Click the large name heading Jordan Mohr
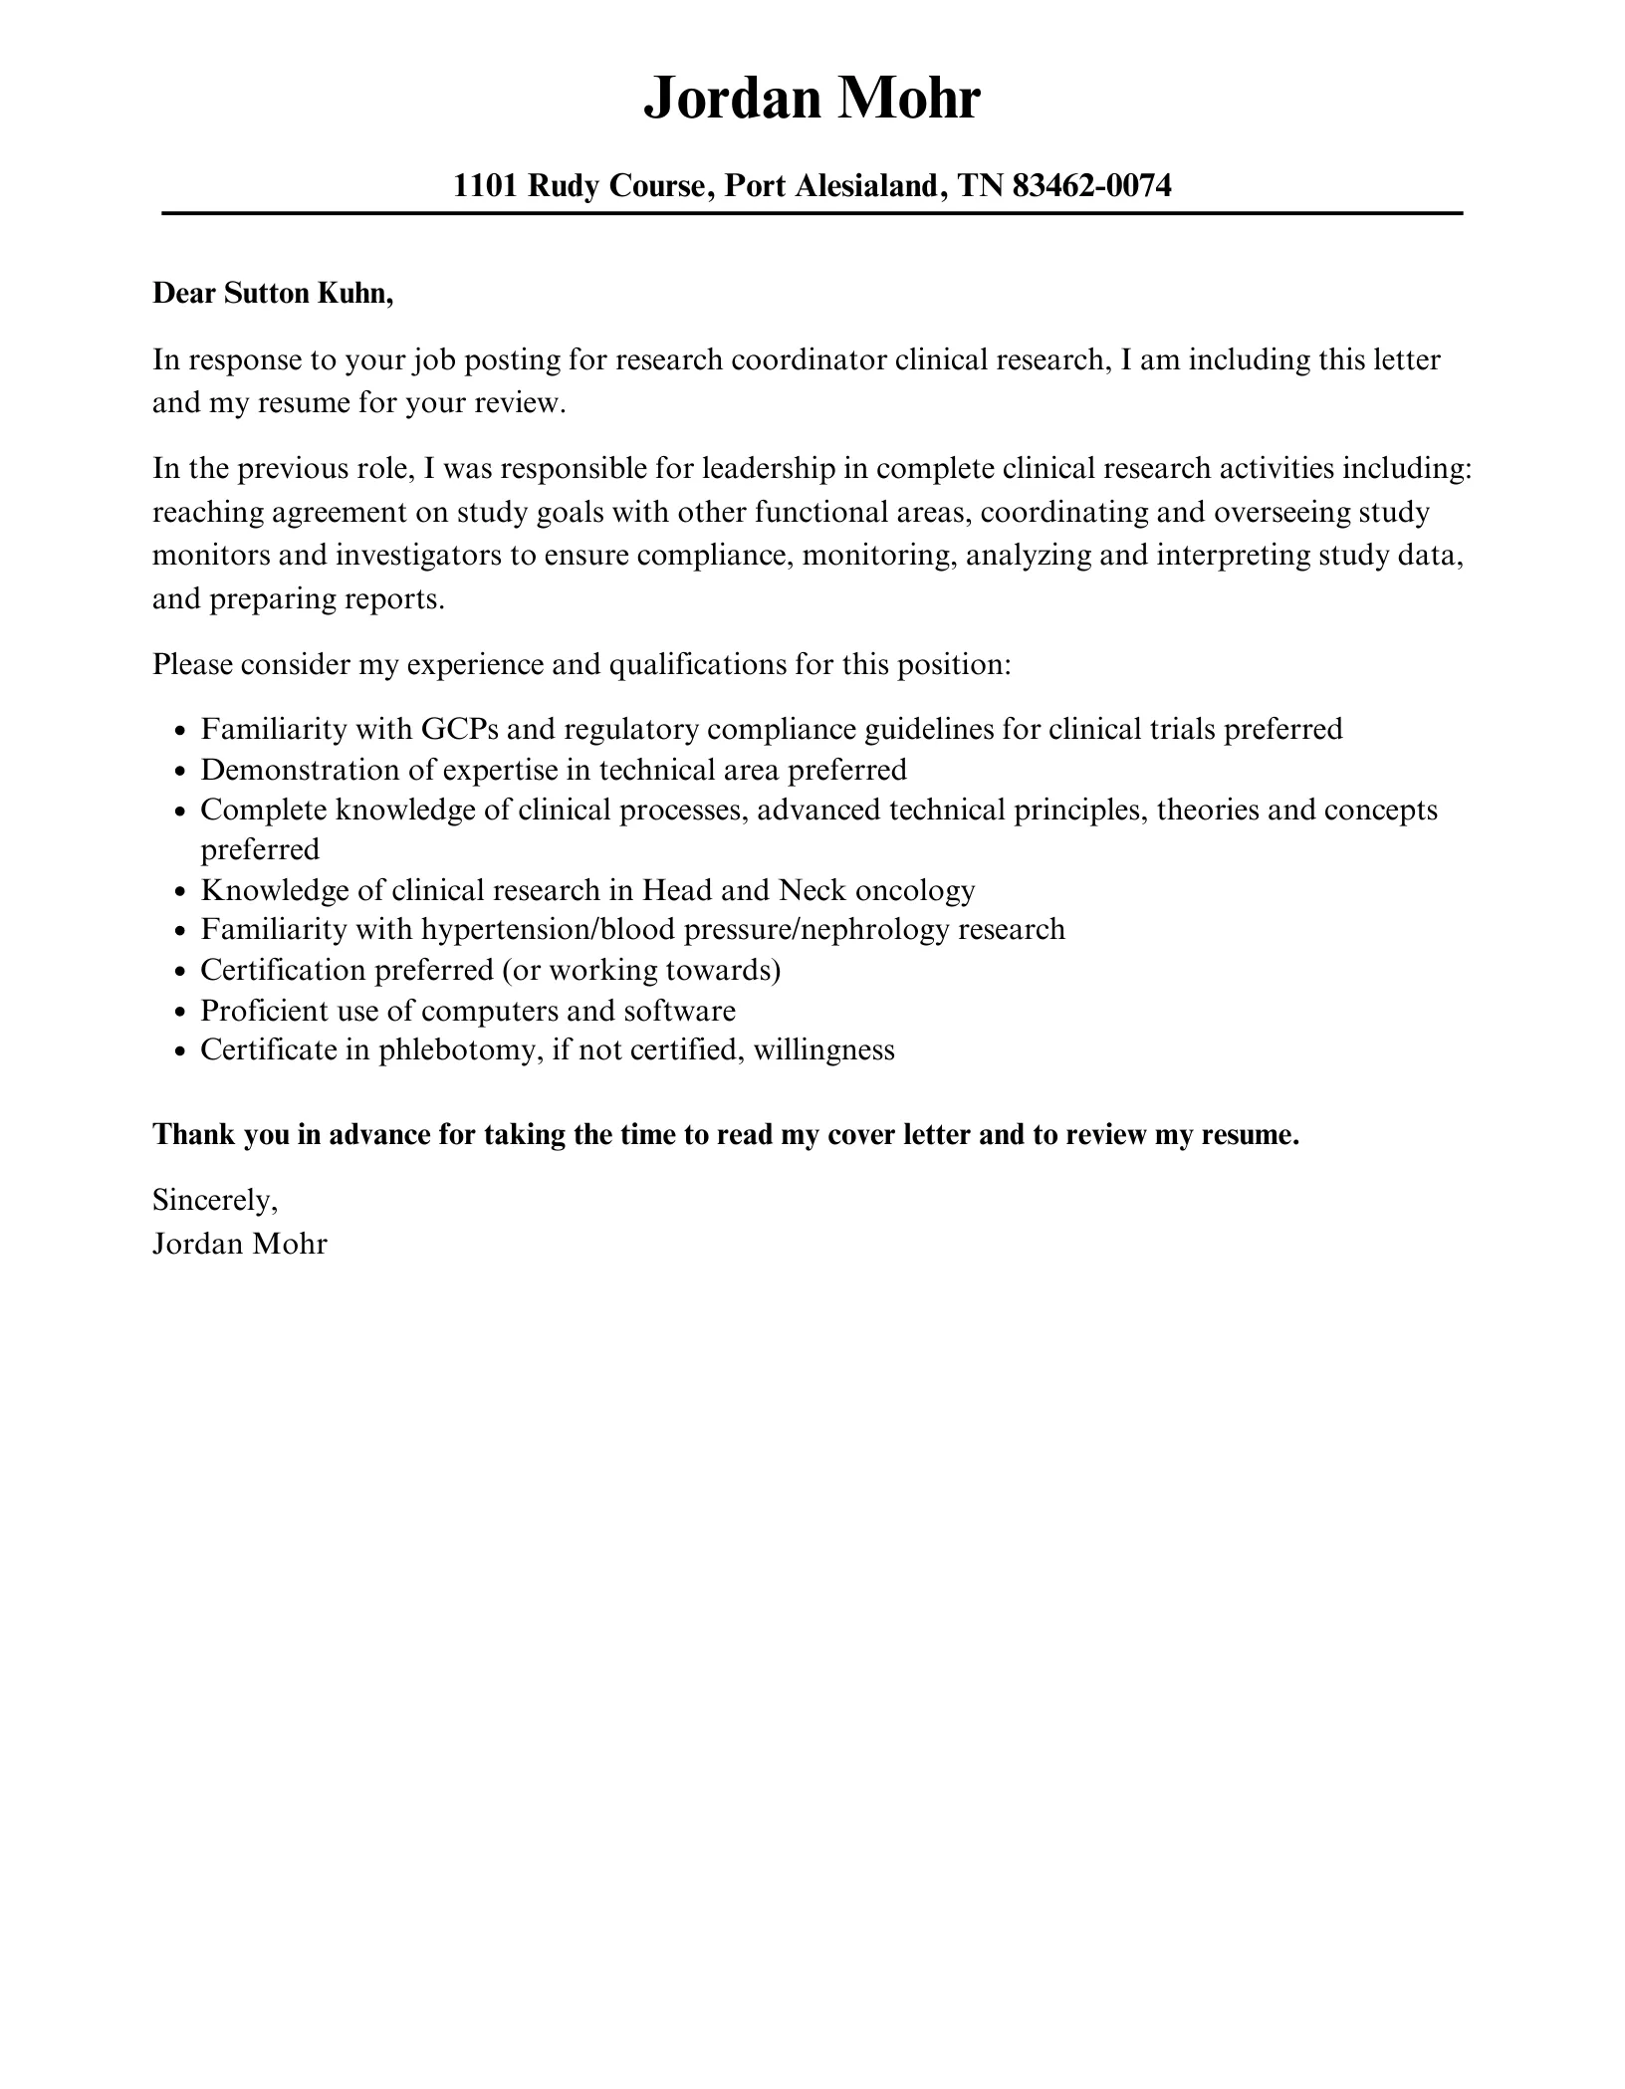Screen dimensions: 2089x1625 812,99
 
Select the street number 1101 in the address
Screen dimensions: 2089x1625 485,185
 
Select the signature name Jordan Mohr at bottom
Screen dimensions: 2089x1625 239,1244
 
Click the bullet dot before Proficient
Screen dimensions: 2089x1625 179,1012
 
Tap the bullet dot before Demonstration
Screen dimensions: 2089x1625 179,771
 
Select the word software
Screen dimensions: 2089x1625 679,1010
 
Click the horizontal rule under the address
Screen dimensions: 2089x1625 812,213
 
